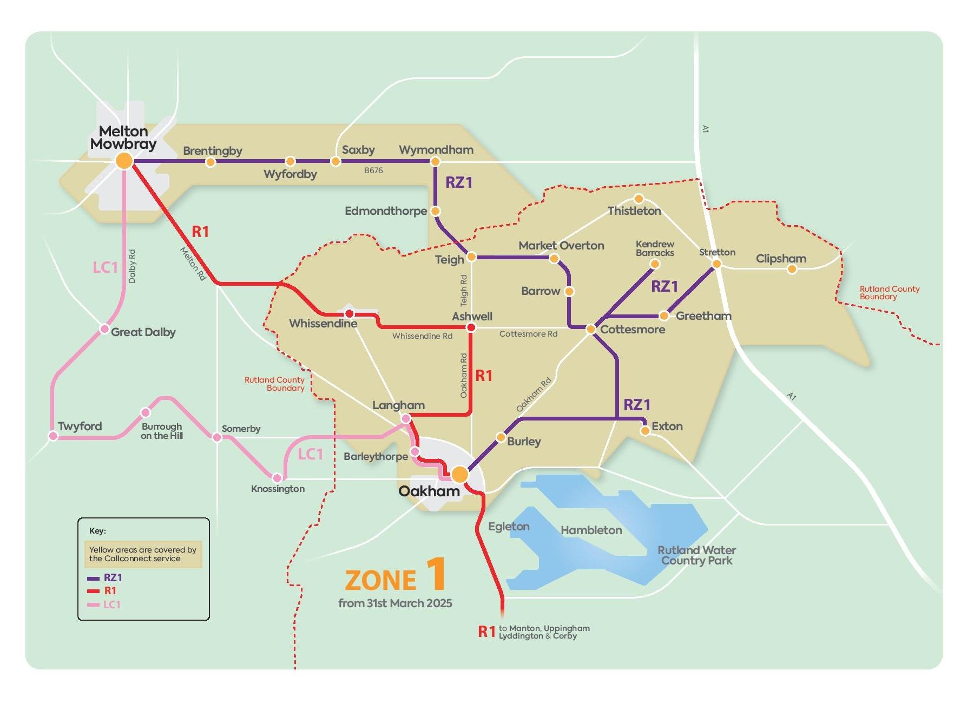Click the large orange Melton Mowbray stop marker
pyautogui.click(x=124, y=161)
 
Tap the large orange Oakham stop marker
pyautogui.click(x=459, y=474)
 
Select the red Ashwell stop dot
pyautogui.click(x=471, y=327)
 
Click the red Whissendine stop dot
pyautogui.click(x=350, y=314)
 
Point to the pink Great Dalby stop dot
pyautogui.click(x=104, y=329)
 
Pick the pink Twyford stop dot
pyautogui.click(x=53, y=436)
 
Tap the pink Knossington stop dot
pyautogui.click(x=277, y=478)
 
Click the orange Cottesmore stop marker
pyautogui.click(x=591, y=329)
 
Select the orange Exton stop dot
pyautogui.click(x=645, y=431)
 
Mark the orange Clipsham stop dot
pyautogui.click(x=792, y=269)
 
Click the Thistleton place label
pyautogui.click(x=634, y=211)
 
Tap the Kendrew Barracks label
pyautogui.click(x=655, y=248)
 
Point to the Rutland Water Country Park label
pyautogui.click(x=696, y=555)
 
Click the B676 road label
pyautogui.click(x=373, y=170)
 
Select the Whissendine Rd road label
pyautogui.click(x=422, y=336)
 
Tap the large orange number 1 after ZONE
pyautogui.click(x=436, y=574)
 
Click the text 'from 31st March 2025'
pyautogui.click(x=395, y=603)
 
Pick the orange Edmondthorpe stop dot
pyautogui.click(x=436, y=211)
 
